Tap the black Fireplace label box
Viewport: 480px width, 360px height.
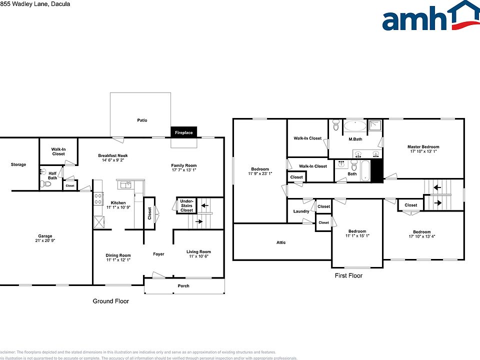183,133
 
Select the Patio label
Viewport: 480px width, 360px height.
142,120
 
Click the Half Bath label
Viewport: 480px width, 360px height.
52,176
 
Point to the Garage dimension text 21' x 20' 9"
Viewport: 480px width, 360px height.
45,241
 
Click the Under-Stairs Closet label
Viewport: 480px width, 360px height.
186,205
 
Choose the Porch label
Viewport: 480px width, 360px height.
184,286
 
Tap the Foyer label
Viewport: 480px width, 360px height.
158,254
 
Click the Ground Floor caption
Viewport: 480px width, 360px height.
111,301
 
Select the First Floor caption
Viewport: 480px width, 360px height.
348,275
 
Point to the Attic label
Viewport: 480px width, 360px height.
281,242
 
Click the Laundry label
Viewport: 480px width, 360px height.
301,211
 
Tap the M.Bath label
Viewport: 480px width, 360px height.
355,139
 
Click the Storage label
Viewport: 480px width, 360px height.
18,164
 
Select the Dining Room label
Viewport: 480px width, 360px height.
118,255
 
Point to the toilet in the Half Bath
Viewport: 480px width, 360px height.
47,184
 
